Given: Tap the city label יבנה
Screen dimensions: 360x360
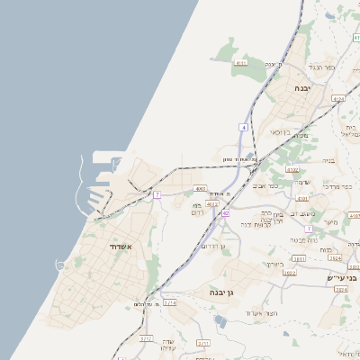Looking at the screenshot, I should (x=302, y=87).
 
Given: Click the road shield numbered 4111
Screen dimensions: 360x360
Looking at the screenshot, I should (x=240, y=63).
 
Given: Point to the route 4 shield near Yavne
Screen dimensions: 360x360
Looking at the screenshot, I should (x=242, y=127).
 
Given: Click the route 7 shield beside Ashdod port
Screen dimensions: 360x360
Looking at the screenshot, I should (x=157, y=194).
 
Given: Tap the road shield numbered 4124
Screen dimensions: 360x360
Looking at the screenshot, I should (x=338, y=98).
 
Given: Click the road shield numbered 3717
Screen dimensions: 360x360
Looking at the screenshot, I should (x=147, y=339).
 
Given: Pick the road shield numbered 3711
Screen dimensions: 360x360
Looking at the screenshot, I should (x=203, y=342).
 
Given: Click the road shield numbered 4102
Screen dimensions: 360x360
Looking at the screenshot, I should (x=292, y=168).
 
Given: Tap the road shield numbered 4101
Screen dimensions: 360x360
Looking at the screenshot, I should (x=354, y=216).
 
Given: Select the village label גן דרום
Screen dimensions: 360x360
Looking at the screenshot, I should (x=212, y=245).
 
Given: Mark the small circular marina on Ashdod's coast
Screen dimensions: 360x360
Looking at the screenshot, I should (x=60, y=265).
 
